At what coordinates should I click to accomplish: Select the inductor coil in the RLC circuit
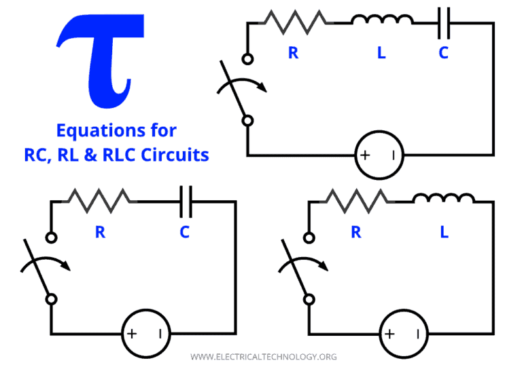382,21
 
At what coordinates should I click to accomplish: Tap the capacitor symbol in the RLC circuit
444,22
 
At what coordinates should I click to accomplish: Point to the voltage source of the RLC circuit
379,155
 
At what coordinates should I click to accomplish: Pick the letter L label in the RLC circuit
381,53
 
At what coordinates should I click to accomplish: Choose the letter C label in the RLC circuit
443,53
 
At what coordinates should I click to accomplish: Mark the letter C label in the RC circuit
184,232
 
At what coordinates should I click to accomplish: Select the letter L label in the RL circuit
444,232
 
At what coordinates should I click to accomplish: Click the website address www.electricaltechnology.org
263,356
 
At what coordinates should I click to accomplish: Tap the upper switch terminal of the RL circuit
309,237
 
